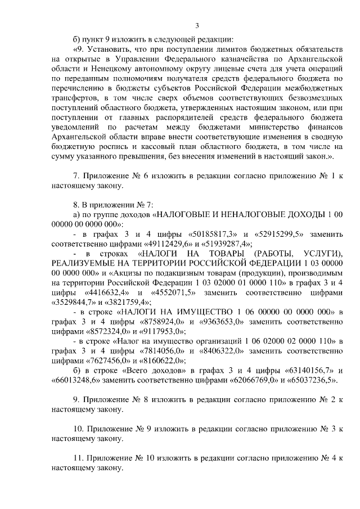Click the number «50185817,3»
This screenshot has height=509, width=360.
[x=190, y=233]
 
